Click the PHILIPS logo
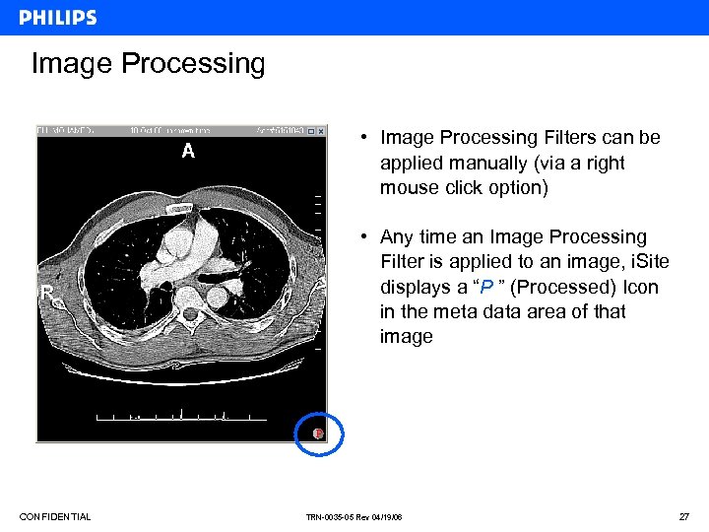(57, 18)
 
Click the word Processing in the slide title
(193, 64)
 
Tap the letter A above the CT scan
(188, 151)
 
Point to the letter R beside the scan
(45, 293)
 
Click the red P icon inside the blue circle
(318, 433)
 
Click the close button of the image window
(321, 130)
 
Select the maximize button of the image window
(310, 130)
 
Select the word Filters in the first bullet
(572, 138)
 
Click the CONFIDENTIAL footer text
(55, 517)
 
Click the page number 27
(684, 517)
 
